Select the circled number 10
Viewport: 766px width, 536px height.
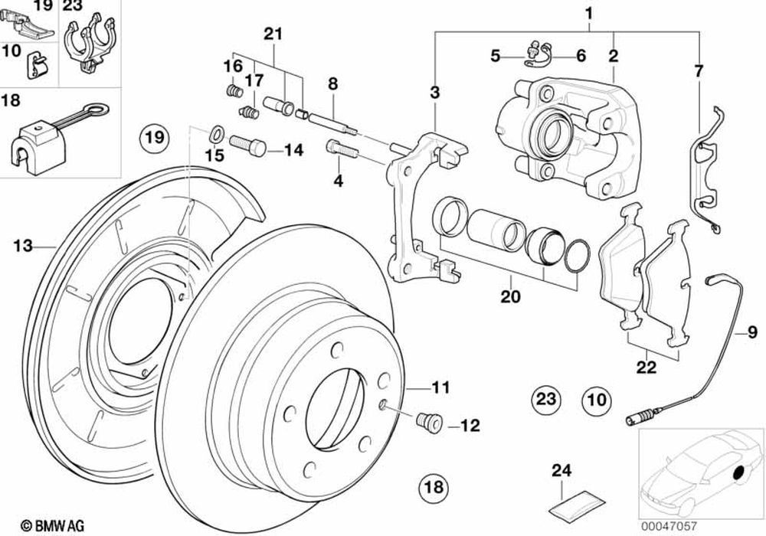tap(596, 398)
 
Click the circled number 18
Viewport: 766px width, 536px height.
tap(434, 486)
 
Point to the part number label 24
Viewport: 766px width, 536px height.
tap(563, 471)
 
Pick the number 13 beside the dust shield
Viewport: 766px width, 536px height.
tap(23, 246)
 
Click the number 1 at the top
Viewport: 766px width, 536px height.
tap(588, 13)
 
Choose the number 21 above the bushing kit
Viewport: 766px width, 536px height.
tap(273, 34)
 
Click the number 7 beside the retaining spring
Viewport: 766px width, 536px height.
tap(698, 71)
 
